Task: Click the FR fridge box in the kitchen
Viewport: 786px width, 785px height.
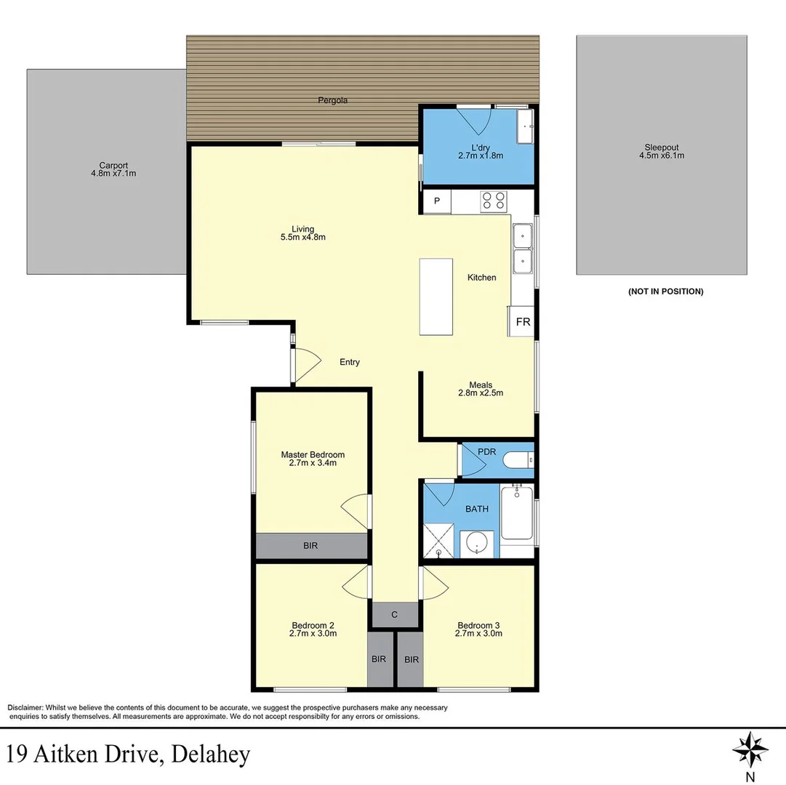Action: pos(523,321)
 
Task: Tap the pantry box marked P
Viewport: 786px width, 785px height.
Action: pos(437,201)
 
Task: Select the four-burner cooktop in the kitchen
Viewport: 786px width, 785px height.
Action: pos(493,201)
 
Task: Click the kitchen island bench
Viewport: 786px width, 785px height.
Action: pos(436,297)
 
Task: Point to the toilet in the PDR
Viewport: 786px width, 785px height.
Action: pos(517,459)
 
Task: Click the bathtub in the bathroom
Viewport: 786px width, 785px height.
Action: pos(516,513)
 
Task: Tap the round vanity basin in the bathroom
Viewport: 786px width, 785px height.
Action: pos(477,542)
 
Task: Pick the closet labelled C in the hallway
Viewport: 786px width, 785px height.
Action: pos(395,615)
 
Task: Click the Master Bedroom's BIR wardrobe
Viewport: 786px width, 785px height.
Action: pos(310,545)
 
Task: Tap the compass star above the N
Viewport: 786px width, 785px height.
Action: pos(750,748)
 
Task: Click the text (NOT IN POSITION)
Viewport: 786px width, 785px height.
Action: pos(665,291)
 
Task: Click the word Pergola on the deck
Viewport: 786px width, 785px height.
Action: pos(332,100)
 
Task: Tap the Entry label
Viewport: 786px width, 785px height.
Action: pos(350,362)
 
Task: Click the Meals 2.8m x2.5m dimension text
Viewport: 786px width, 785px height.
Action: pos(481,393)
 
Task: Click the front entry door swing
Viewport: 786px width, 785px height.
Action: pos(306,363)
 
